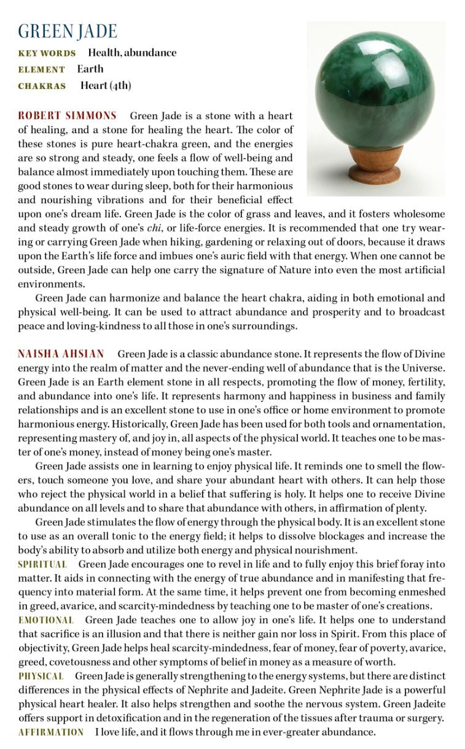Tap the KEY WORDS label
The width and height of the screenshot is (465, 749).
tap(47, 53)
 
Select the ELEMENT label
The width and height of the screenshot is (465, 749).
tap(41, 69)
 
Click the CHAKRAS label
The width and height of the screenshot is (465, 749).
tap(42, 86)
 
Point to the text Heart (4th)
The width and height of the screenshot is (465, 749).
tap(106, 85)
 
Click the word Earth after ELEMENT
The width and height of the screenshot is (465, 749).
tap(90, 69)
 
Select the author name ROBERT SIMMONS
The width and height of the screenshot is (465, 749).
tap(67, 115)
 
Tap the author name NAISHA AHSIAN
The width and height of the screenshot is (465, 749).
tap(61, 354)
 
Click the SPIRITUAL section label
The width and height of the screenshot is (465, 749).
tap(42, 564)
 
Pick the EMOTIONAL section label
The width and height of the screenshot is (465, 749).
tap(45, 620)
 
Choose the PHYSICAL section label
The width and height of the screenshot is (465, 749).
tap(41, 676)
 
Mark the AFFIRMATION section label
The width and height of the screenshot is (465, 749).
tap(51, 732)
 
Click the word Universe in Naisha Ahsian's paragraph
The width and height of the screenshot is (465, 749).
tap(423, 368)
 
